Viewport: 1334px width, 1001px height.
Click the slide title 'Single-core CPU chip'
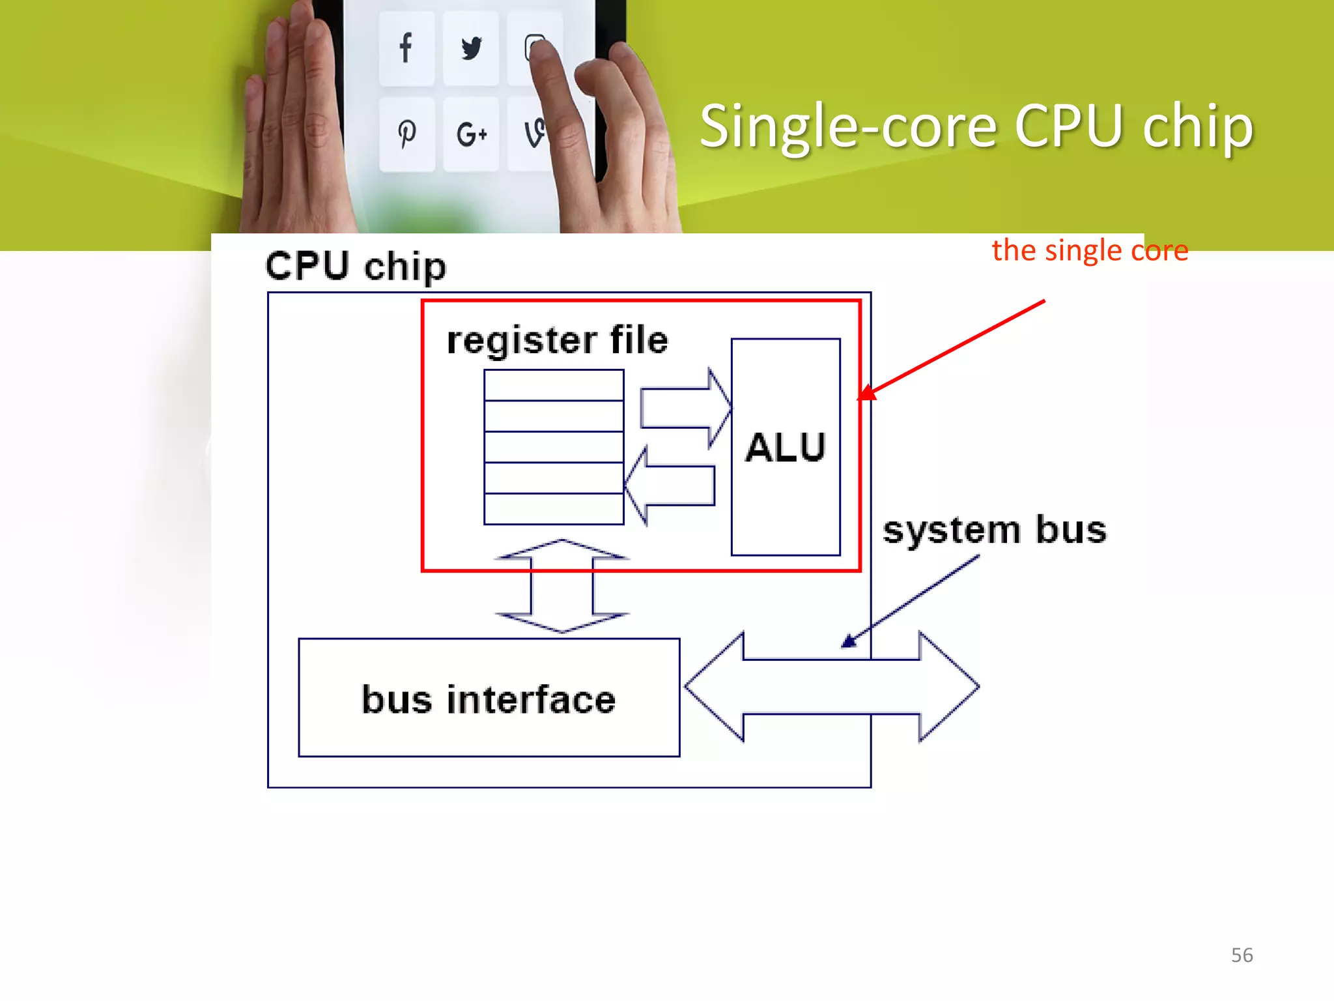(x=976, y=126)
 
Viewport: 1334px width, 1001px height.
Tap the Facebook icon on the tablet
(x=406, y=48)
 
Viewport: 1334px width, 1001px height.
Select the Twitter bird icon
(x=471, y=48)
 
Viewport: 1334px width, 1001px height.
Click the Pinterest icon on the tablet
(x=406, y=134)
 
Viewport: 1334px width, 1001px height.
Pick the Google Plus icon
(x=471, y=135)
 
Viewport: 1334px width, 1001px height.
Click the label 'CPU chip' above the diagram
(x=356, y=267)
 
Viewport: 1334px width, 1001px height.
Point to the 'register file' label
(x=557, y=340)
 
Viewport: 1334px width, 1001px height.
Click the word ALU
(x=786, y=448)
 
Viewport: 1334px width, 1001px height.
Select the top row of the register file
(x=554, y=385)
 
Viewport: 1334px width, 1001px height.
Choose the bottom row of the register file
(x=554, y=509)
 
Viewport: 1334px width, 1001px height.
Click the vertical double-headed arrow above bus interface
(x=561, y=586)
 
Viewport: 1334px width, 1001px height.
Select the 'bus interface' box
(x=489, y=698)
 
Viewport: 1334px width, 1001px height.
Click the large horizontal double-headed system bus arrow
(x=831, y=687)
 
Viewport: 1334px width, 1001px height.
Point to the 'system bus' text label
(x=994, y=529)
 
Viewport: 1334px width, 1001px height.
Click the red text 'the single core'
(x=1090, y=250)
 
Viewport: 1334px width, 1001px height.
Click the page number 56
(x=1242, y=955)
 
